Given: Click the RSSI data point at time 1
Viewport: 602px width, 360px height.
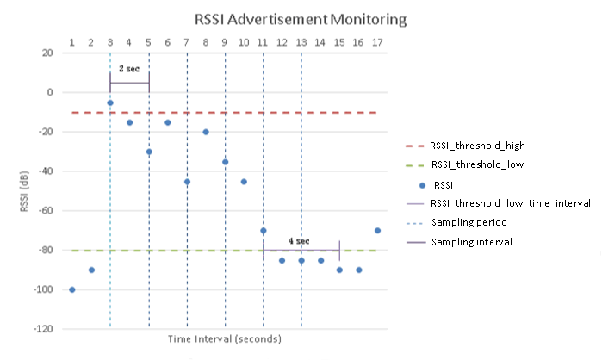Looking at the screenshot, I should (72, 289).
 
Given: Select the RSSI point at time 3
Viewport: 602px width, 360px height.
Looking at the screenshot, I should (110, 102).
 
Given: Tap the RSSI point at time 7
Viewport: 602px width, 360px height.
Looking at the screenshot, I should (187, 182).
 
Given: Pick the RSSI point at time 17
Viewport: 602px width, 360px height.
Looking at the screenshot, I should (377, 230).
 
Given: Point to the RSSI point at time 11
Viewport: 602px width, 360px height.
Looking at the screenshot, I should (263, 230).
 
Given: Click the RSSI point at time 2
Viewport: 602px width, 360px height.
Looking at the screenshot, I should (91, 270).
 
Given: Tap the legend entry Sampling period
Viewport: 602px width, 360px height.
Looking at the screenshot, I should (471, 222).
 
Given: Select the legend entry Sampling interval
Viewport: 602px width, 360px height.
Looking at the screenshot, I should (473, 242).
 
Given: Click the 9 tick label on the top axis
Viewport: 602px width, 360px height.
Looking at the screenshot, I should (225, 41).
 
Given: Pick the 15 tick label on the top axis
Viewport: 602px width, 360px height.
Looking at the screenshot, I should (339, 41).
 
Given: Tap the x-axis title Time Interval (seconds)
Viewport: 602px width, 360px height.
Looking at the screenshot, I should (225, 339).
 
